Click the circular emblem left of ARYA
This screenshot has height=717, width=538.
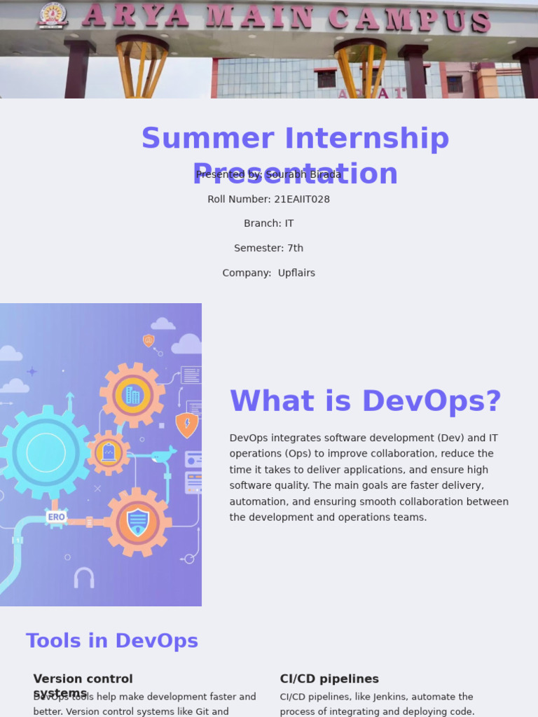click(53, 15)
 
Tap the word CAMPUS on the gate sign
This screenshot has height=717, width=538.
click(409, 19)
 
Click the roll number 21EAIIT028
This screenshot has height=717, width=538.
click(302, 199)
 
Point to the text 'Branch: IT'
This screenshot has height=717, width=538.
click(269, 223)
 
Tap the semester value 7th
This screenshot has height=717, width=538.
click(295, 248)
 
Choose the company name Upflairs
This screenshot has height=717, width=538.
click(296, 273)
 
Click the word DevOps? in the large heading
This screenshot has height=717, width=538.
click(432, 401)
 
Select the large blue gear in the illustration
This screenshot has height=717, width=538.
click(46, 452)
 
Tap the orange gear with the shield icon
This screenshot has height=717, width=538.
click(137, 522)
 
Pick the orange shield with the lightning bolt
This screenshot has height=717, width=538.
click(186, 424)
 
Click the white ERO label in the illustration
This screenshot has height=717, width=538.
click(56, 517)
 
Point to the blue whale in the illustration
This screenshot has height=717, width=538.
click(163, 456)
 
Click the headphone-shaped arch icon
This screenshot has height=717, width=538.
click(84, 578)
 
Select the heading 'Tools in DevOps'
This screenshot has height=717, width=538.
click(112, 641)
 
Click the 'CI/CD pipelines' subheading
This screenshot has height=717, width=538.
click(329, 678)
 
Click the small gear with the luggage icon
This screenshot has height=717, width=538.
click(108, 452)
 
